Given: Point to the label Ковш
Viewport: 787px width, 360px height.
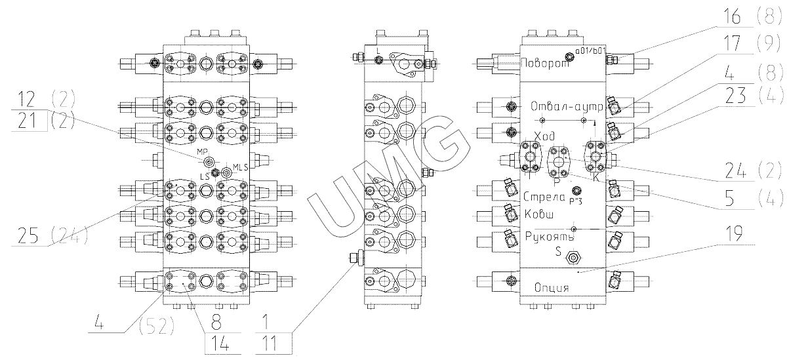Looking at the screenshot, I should (538, 214).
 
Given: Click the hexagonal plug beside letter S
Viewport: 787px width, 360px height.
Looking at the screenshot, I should (574, 258).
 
